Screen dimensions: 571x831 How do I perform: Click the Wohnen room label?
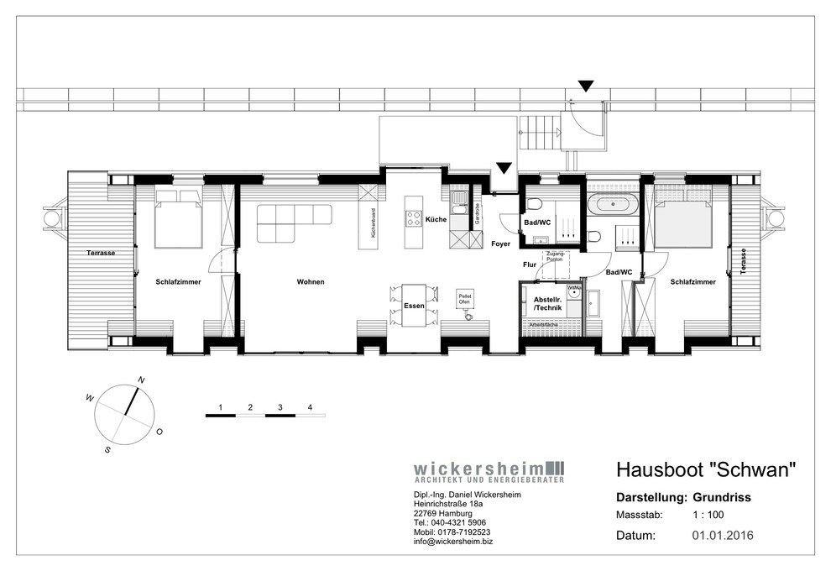pyautogui.click(x=310, y=282)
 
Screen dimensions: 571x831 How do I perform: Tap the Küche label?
pyautogui.click(x=435, y=219)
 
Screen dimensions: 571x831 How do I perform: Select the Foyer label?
pyautogui.click(x=501, y=244)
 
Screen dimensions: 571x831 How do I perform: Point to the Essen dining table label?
pyautogui.click(x=414, y=306)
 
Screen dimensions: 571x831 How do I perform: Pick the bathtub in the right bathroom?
pyautogui.click(x=612, y=204)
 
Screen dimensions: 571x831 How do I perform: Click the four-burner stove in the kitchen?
pyautogui.click(x=414, y=218)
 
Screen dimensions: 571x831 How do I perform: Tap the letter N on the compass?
pyautogui.click(x=141, y=380)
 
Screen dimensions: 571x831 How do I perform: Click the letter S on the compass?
pyautogui.click(x=107, y=450)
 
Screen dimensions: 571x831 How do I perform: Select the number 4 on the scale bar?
pyautogui.click(x=311, y=407)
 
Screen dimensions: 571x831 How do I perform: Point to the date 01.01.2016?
pyautogui.click(x=723, y=534)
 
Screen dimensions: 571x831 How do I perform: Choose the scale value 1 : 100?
pyautogui.click(x=708, y=515)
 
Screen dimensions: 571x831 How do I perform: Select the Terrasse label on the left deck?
pyautogui.click(x=99, y=253)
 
